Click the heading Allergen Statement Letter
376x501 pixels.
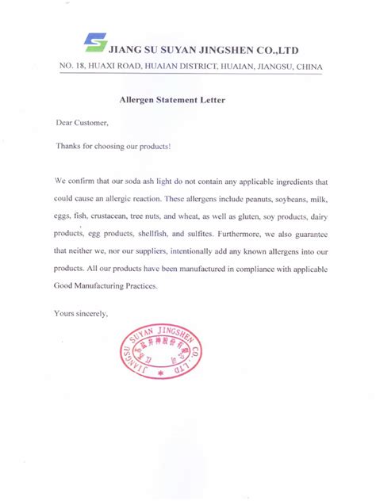[x=171, y=101]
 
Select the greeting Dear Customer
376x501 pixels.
[x=82, y=124]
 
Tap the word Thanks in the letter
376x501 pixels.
[x=68, y=147]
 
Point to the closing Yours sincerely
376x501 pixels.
[x=81, y=314]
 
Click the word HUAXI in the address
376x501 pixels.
[x=102, y=67]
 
